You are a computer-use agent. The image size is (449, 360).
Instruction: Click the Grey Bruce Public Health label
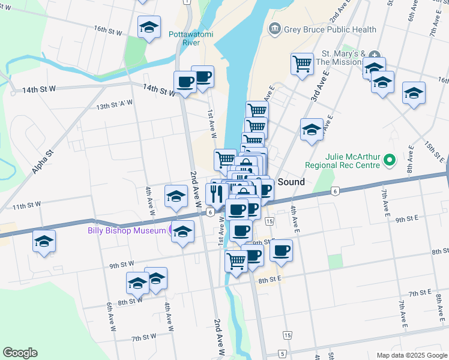pyautogui.click(x=331, y=29)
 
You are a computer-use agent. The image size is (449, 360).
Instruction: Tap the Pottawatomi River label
pyautogui.click(x=191, y=38)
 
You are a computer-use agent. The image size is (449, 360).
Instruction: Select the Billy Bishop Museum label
pyautogui.click(x=127, y=230)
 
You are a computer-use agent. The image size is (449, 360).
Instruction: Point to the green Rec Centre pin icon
pyautogui.click(x=389, y=160)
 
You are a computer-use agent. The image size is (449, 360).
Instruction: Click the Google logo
pyautogui.click(x=20, y=353)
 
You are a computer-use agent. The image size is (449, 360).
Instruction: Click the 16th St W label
pyautogui.click(x=108, y=30)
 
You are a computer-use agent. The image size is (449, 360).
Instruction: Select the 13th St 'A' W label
pyautogui.click(x=114, y=106)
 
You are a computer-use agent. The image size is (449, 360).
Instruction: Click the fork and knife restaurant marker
pyautogui.click(x=216, y=193)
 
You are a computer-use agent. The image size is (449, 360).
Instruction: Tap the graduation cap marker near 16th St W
pyautogui.click(x=149, y=27)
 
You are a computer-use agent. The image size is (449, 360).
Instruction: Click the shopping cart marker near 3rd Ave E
pyautogui.click(x=302, y=64)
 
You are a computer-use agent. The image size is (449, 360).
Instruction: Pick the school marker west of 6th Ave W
pyautogui.click(x=44, y=241)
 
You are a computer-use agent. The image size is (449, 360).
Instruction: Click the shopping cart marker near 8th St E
pyautogui.click(x=236, y=261)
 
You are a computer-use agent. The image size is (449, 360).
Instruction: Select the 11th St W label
pyautogui.click(x=27, y=206)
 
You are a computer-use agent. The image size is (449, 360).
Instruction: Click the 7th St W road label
pyautogui.click(x=143, y=338)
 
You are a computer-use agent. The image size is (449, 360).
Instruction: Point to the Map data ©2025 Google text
pyautogui.click(x=411, y=355)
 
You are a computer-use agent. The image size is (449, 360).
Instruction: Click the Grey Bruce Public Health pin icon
pyautogui.click(x=275, y=28)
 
